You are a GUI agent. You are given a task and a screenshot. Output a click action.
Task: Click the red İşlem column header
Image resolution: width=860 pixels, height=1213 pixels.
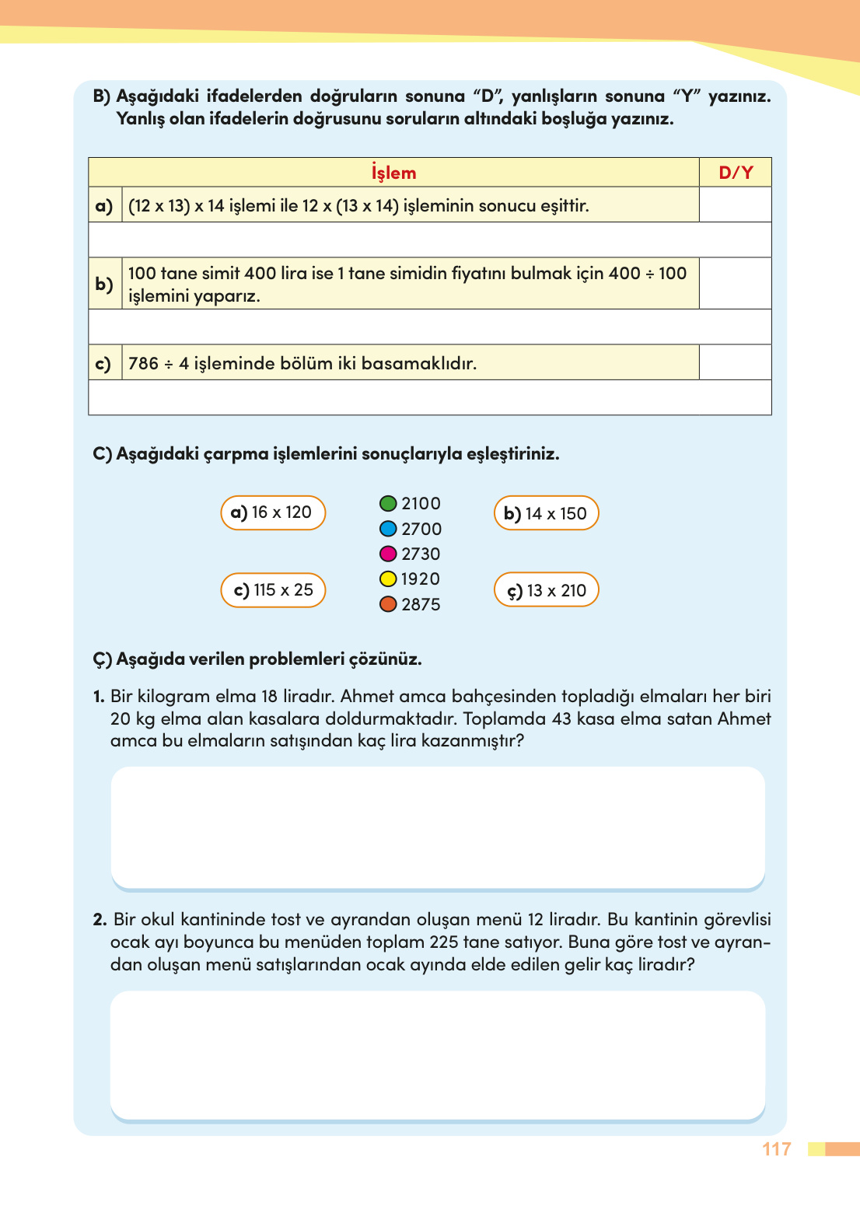pyautogui.click(x=393, y=173)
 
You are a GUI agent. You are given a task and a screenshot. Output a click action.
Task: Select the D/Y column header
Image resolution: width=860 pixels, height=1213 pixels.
pyautogui.click(x=736, y=173)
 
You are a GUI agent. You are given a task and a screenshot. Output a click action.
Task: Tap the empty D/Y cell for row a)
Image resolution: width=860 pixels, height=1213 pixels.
pyautogui.click(x=736, y=205)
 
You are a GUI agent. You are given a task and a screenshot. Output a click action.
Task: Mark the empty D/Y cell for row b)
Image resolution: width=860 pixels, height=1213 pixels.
pyautogui.click(x=736, y=284)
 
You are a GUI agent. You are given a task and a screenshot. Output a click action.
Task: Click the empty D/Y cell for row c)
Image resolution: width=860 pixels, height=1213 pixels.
pyautogui.click(x=736, y=363)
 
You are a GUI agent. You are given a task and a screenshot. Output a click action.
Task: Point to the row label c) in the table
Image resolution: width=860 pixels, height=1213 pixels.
pyautogui.click(x=103, y=363)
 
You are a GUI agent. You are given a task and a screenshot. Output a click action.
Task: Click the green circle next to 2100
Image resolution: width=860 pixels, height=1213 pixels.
pyautogui.click(x=388, y=504)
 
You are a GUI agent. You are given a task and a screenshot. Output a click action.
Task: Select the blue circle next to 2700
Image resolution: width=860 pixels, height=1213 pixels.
pyautogui.click(x=388, y=529)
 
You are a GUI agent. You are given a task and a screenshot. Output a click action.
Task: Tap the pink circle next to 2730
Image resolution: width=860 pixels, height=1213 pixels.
pyautogui.click(x=388, y=554)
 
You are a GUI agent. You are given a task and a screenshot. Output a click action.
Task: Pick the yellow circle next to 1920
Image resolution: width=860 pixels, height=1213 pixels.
pyautogui.click(x=388, y=579)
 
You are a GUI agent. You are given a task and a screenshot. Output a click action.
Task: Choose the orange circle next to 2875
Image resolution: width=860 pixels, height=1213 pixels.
pyautogui.click(x=388, y=604)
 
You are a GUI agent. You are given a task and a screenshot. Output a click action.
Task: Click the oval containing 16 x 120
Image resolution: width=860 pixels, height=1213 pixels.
pyautogui.click(x=273, y=513)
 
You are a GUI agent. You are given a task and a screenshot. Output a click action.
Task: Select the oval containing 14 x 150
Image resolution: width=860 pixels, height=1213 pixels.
pyautogui.click(x=547, y=513)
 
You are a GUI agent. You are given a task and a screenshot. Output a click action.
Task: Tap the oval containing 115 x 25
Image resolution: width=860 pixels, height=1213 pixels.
pyautogui.click(x=273, y=590)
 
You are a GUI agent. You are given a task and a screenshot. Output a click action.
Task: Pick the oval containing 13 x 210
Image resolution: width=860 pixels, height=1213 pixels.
pyautogui.click(x=547, y=590)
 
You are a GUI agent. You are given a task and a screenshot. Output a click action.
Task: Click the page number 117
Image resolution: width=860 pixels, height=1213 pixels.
pyautogui.click(x=777, y=1149)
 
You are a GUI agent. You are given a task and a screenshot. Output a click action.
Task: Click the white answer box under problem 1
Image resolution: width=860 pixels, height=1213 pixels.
pyautogui.click(x=438, y=827)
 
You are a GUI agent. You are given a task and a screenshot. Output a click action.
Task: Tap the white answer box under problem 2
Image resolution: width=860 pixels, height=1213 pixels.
pyautogui.click(x=438, y=1054)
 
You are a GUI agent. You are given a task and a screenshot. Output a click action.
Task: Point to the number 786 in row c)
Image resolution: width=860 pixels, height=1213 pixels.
pyautogui.click(x=143, y=364)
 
